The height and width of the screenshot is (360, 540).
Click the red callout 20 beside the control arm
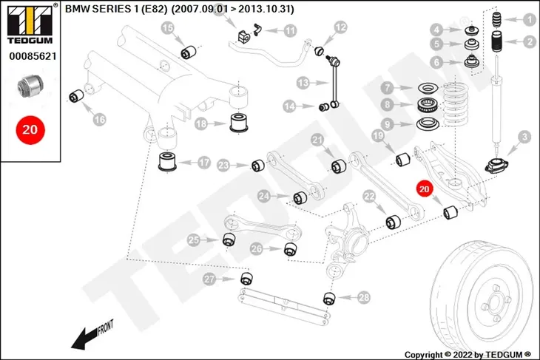point(424,189)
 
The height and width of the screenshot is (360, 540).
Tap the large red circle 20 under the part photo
point(30,130)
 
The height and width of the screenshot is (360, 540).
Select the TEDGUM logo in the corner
point(30,24)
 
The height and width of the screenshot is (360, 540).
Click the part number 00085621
point(33,56)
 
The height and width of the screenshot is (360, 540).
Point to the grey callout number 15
point(168,27)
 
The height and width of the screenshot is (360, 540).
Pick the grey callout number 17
point(204,163)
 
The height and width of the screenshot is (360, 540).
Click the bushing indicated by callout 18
point(239,122)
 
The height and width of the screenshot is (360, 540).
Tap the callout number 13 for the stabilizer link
point(303,83)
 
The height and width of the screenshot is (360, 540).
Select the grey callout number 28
point(364,297)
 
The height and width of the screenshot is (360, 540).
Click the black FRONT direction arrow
point(84,338)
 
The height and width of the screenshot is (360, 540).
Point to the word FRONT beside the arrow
point(105,327)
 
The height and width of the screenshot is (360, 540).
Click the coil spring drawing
point(455,104)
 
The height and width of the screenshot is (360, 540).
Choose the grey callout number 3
point(524,137)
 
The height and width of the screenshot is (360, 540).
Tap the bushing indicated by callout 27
point(246,278)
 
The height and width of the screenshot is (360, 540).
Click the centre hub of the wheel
point(495,303)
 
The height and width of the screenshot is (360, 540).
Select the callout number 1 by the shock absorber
point(530,20)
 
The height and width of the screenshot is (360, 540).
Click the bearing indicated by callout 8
point(428,105)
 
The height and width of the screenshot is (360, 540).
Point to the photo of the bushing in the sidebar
point(30,86)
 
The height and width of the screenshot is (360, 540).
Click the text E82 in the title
point(154,9)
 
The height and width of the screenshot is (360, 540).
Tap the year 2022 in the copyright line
point(464,355)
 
